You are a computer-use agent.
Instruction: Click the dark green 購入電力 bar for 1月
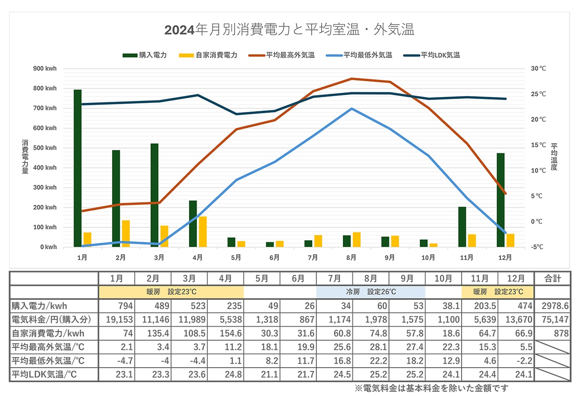[77, 168]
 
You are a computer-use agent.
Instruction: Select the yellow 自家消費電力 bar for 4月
[203, 232]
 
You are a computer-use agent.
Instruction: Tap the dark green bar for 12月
[501, 200]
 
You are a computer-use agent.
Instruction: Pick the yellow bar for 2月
[126, 234]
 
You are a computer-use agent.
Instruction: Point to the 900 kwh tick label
[45, 69]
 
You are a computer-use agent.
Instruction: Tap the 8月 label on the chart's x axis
[351, 258]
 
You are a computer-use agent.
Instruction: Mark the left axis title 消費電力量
[25, 157]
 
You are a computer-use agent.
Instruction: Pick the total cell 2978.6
[552, 306]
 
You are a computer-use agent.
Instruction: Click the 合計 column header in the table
[552, 279]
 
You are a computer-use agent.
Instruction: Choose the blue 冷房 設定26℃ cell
[371, 292]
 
